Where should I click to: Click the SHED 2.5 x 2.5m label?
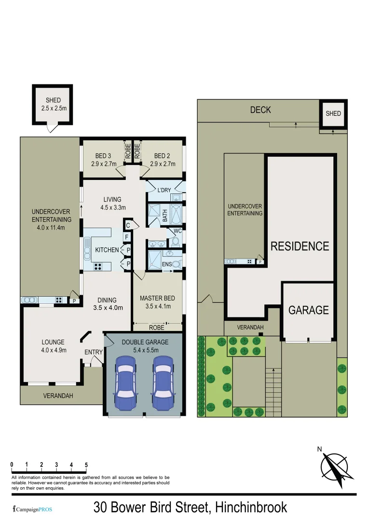[x=54, y=105]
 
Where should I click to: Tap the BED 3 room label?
[x=103, y=160]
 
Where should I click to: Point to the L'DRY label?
[x=164, y=190]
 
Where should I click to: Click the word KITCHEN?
[x=107, y=250]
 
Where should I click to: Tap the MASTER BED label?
[x=157, y=302]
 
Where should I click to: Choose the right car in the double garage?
[x=163, y=384]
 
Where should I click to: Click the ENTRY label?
[x=94, y=352]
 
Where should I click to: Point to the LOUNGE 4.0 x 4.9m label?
[x=54, y=346]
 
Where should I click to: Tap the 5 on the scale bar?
[x=86, y=465]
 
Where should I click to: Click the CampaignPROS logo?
[x=32, y=509]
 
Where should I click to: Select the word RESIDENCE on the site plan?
[x=300, y=246]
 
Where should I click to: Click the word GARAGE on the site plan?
[x=309, y=310]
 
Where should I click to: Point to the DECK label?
[x=260, y=110]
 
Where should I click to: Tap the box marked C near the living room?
[x=128, y=225]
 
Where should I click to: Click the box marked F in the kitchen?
[x=127, y=237]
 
